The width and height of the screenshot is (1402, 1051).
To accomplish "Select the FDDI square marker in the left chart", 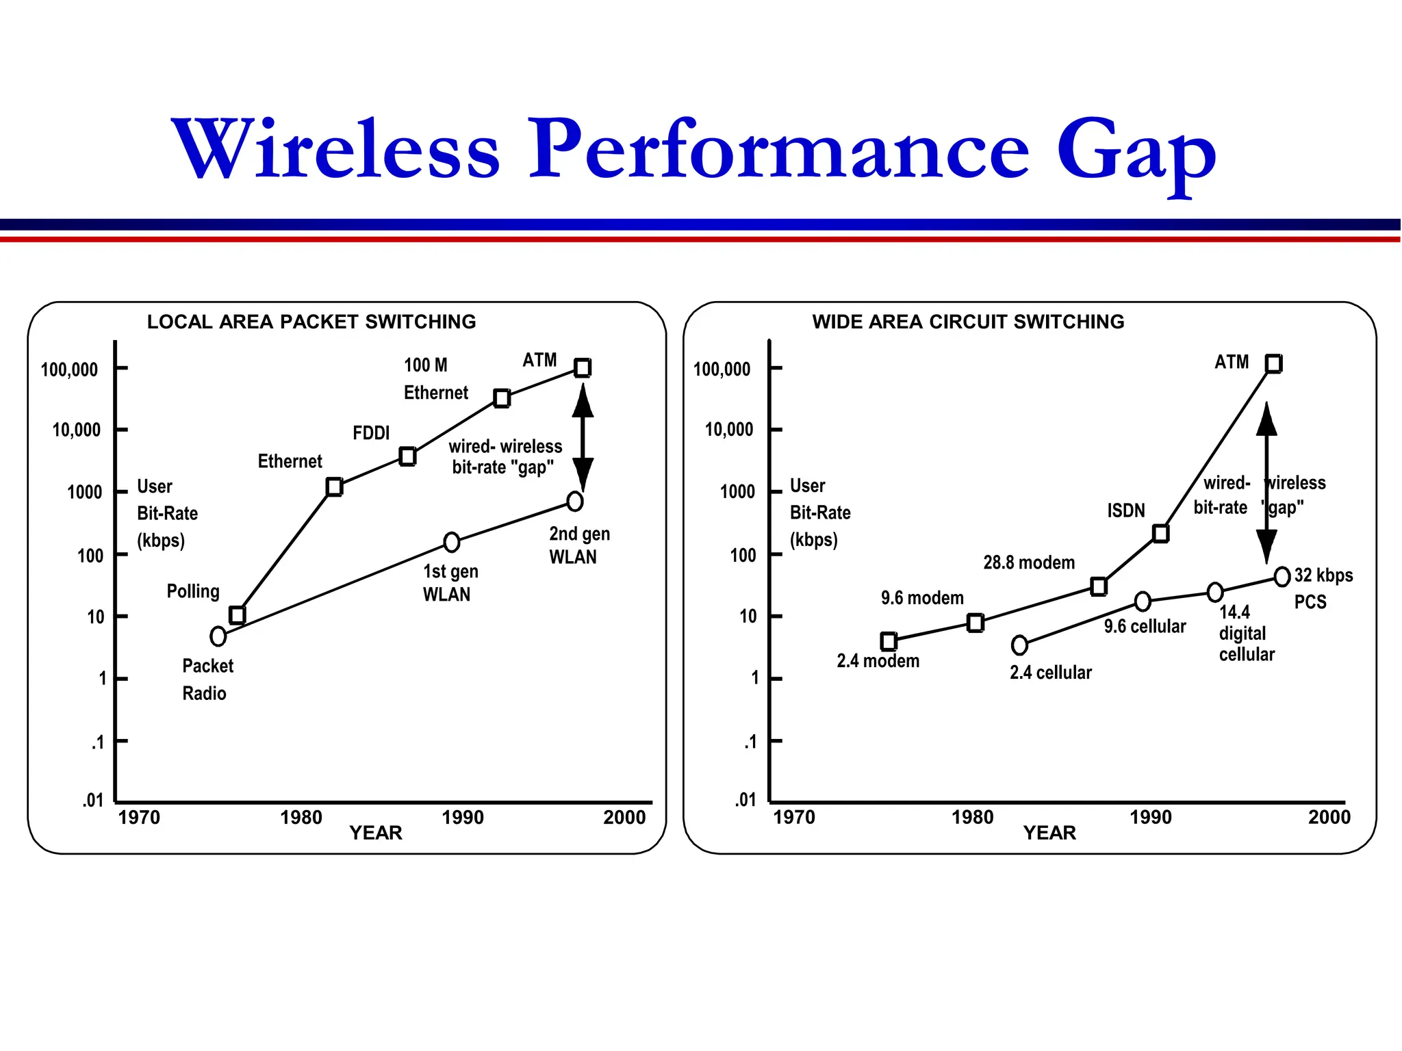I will coord(407,456).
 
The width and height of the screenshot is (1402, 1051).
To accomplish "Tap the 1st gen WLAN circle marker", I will coord(451,543).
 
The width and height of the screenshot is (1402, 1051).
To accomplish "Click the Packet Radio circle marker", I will coord(218,636).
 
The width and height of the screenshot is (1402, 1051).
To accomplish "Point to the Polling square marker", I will coord(237,615).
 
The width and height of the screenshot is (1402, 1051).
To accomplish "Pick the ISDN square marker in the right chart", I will coord(1160,533).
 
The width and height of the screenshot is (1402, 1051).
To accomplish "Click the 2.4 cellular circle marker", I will coord(1019,645).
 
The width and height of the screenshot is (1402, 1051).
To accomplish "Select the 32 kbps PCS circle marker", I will coord(1282,577).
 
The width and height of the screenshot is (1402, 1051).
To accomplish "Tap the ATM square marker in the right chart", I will coord(1273,363).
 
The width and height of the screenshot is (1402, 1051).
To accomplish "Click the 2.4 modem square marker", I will coord(889,641).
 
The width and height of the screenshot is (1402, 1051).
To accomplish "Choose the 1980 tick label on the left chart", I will coord(301,818).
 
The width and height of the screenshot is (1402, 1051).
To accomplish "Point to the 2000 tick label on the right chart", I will coord(1329,817).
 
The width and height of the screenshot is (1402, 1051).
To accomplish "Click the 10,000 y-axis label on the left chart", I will coord(76,430).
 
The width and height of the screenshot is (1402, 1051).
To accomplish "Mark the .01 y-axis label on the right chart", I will coord(745,799).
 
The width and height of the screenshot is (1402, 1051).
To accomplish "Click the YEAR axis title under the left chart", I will coord(376,833).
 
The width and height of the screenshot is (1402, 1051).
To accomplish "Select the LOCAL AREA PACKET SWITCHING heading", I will coord(311,322).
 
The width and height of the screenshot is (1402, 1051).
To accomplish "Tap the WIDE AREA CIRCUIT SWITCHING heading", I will coord(968,322).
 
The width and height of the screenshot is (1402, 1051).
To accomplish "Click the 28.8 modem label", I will coord(1029,562).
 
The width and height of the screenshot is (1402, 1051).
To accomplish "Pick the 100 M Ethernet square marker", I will coord(502,398).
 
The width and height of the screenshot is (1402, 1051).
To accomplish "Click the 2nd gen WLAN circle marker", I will coord(575,502).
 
